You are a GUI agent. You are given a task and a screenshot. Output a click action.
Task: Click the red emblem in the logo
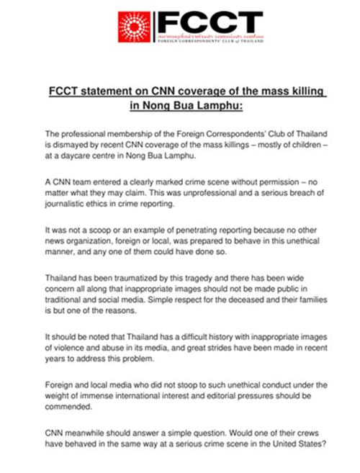point(135,27)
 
